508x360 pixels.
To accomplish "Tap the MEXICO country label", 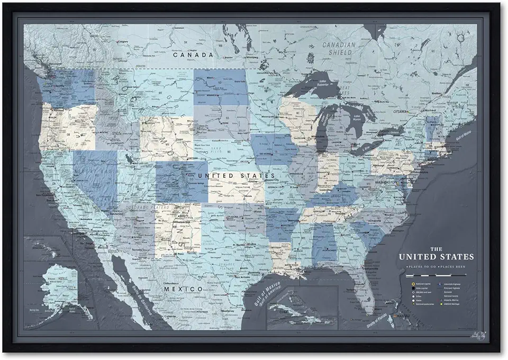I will tap(183, 289).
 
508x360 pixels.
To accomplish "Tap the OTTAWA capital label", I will tap(407, 112).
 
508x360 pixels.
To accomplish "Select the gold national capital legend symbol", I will tap(412, 284).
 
